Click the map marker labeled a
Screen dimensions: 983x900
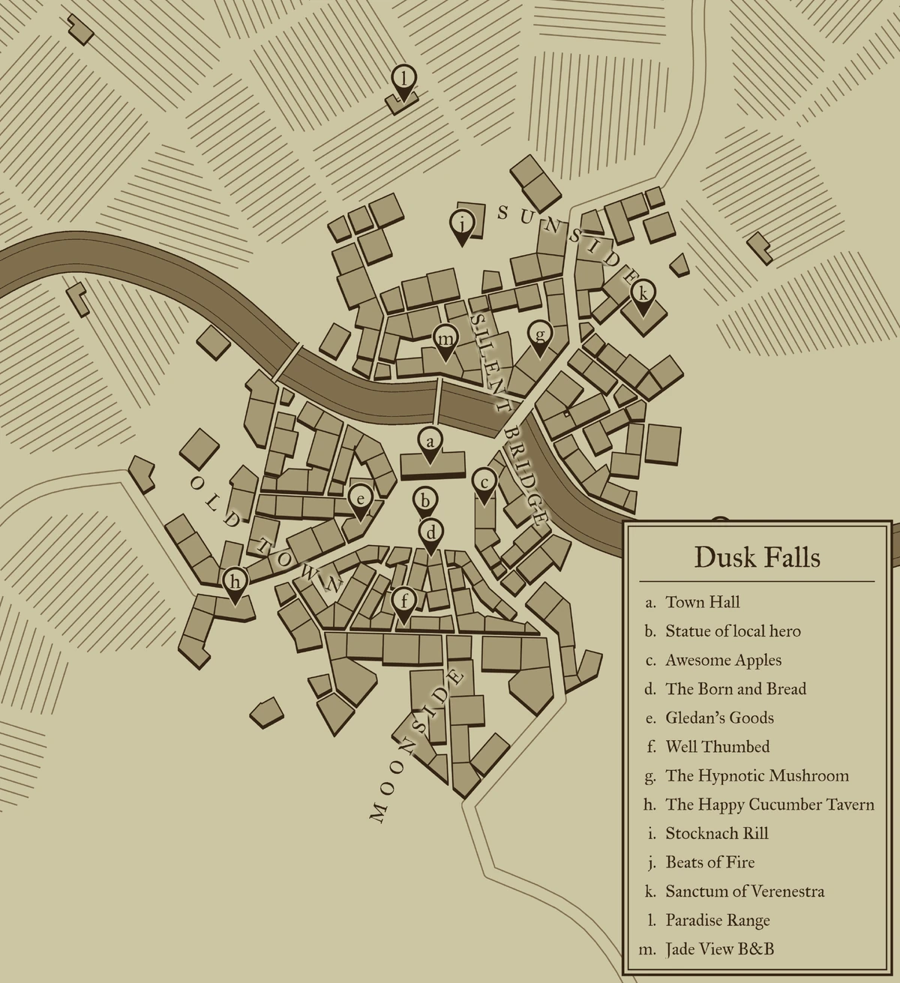(429, 443)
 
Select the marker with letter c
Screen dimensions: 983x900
(484, 484)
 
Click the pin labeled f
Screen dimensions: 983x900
(404, 602)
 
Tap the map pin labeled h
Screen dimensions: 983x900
(235, 583)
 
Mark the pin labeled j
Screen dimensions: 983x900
(463, 224)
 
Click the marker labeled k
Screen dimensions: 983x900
(642, 295)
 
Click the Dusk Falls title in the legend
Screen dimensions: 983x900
(757, 558)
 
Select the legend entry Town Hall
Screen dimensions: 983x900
(702, 602)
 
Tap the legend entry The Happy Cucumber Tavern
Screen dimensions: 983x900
(769, 805)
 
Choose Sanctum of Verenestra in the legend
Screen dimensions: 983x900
(745, 892)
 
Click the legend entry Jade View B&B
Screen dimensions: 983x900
(719, 949)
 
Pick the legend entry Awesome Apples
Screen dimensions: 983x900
(723, 660)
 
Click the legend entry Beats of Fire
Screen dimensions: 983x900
(709, 862)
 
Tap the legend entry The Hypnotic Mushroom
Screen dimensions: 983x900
(757, 776)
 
